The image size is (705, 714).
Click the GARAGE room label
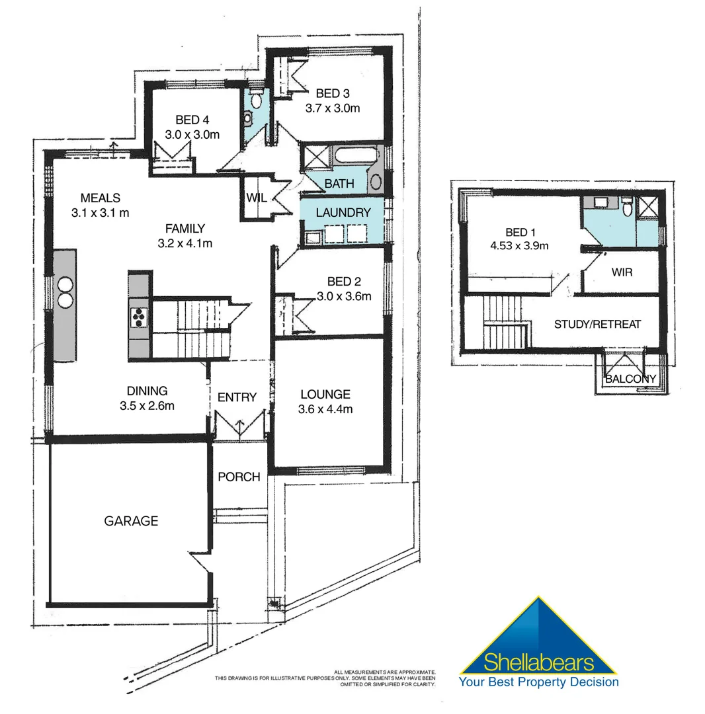(x=131, y=521)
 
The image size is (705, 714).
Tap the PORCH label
(x=239, y=477)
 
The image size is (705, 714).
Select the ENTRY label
(x=237, y=397)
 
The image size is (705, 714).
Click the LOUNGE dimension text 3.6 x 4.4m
(x=325, y=409)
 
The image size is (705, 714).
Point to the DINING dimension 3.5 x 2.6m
(x=147, y=406)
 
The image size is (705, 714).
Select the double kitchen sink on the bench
(x=65, y=292)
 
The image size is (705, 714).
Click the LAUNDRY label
(x=343, y=213)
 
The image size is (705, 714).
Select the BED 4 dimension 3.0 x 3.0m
(x=192, y=134)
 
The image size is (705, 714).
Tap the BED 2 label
(x=348, y=282)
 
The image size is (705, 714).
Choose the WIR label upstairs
(x=622, y=272)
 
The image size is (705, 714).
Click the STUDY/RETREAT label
(x=597, y=324)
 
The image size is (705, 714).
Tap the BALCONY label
(x=631, y=379)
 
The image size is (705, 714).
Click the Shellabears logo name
(x=539, y=662)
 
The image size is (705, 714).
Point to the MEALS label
(x=100, y=198)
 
